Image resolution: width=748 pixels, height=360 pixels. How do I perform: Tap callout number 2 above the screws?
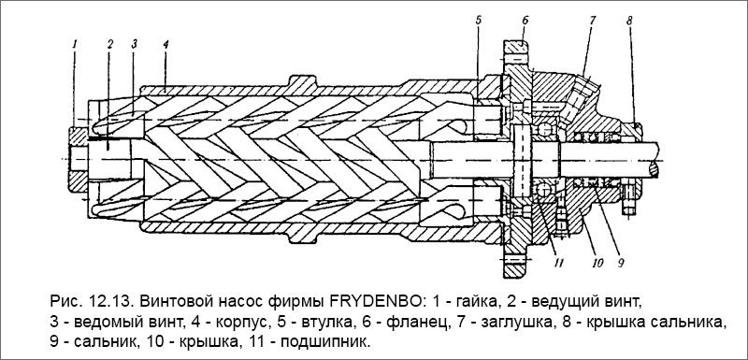point(109,43)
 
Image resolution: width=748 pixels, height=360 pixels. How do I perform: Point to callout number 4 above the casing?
point(165,43)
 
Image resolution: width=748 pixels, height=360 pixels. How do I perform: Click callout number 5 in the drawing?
point(477,20)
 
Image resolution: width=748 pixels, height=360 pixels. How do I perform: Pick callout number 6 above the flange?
point(525,19)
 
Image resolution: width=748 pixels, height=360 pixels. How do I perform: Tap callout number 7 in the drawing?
point(592,20)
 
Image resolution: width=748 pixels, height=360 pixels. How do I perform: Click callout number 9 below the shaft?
point(619,250)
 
